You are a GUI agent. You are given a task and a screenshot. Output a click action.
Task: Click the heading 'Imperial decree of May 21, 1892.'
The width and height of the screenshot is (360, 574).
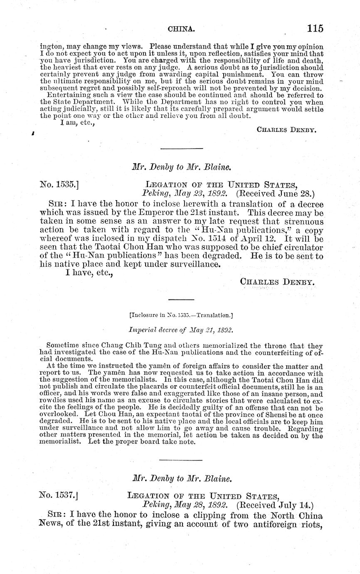pos(180,330)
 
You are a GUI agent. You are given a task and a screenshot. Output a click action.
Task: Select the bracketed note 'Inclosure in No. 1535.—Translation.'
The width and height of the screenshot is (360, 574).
pos(180,315)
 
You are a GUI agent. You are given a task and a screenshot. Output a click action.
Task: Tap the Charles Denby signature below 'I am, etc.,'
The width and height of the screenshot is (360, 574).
pos(287,129)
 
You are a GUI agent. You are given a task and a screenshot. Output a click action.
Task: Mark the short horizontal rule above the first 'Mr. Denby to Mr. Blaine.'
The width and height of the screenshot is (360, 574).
pos(182,148)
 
